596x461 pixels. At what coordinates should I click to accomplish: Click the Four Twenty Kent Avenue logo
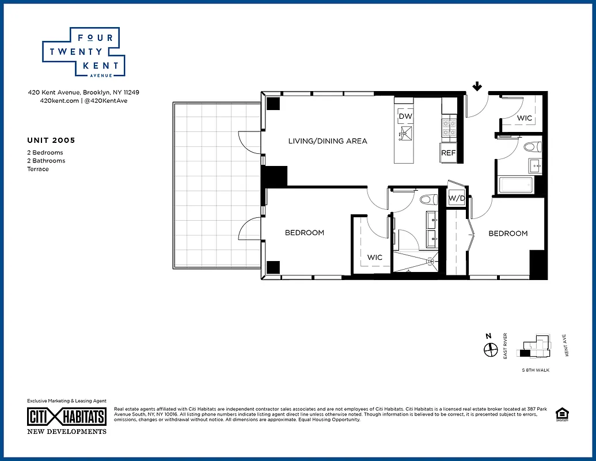coord(84,52)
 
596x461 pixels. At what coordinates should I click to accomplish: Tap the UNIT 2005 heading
coord(51,140)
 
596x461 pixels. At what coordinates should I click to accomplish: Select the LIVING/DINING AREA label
coord(328,141)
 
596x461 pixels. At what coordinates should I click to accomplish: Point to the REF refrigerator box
coord(449,153)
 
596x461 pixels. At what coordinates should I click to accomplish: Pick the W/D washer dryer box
coord(457,198)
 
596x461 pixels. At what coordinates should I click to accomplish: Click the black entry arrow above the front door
coord(477,86)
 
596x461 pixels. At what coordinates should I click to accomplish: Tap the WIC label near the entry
coord(524,118)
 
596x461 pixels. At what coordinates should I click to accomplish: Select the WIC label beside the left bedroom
coord(375,257)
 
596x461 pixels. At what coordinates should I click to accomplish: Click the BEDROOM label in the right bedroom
coord(508,233)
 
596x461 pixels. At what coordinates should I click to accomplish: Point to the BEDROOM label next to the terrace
coord(305,233)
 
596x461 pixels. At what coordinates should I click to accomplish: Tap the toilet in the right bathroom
coord(532,145)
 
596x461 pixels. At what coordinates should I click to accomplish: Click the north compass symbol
coord(491,349)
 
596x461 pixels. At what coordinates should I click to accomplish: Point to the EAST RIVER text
coord(505,346)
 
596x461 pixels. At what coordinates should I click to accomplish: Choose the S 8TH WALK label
coord(535,370)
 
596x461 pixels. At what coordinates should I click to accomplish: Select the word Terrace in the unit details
coord(38,169)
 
